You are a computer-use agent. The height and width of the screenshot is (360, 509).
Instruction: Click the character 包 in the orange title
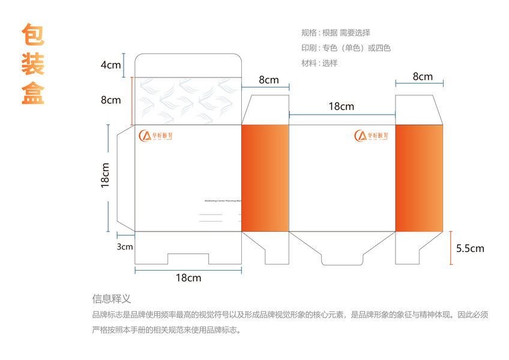point(33,35)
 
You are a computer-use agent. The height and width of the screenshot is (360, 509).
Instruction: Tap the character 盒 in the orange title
point(33,93)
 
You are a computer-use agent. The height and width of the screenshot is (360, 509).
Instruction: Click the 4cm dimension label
point(110,65)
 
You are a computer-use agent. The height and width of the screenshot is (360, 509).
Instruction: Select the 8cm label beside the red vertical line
point(110,100)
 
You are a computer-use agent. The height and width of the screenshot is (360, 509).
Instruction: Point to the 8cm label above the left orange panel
point(268,80)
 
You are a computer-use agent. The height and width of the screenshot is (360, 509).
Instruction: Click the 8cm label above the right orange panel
point(423,76)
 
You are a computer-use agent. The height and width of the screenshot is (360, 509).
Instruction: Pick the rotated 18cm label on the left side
point(105,176)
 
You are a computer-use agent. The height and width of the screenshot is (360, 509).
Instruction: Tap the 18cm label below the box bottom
point(188,278)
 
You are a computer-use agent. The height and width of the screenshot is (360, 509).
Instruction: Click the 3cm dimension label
point(125,247)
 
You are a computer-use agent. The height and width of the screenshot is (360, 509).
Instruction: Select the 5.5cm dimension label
point(470,248)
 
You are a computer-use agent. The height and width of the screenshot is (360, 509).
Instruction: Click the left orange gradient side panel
point(265,178)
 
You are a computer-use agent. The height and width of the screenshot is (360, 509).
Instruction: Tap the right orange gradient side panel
point(419,178)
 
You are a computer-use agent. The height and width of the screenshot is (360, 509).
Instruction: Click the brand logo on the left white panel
point(155,136)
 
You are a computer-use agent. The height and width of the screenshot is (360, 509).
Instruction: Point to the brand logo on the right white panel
point(372,136)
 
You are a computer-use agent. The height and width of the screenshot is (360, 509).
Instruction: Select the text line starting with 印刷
point(346,47)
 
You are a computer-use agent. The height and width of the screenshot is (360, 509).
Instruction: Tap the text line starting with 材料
point(319,62)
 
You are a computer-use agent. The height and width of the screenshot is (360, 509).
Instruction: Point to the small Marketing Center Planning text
point(223,201)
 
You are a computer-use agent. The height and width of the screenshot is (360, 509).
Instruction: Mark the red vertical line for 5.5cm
point(451,248)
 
